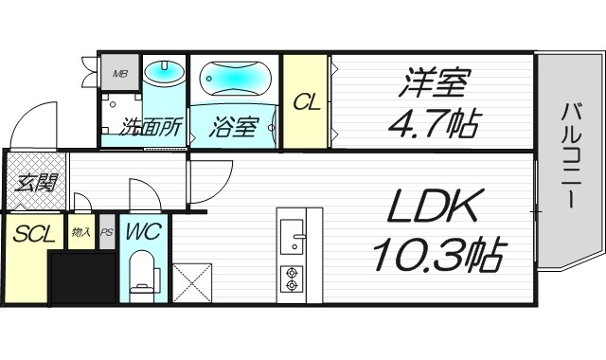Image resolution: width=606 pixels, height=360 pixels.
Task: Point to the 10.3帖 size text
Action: pyautogui.click(x=437, y=253)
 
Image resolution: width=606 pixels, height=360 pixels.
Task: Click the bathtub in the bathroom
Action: pyautogui.click(x=234, y=77)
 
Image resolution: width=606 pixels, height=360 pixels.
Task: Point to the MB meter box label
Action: pyautogui.click(x=120, y=72)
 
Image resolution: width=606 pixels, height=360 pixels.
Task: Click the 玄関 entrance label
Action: pyautogui.click(x=33, y=182)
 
